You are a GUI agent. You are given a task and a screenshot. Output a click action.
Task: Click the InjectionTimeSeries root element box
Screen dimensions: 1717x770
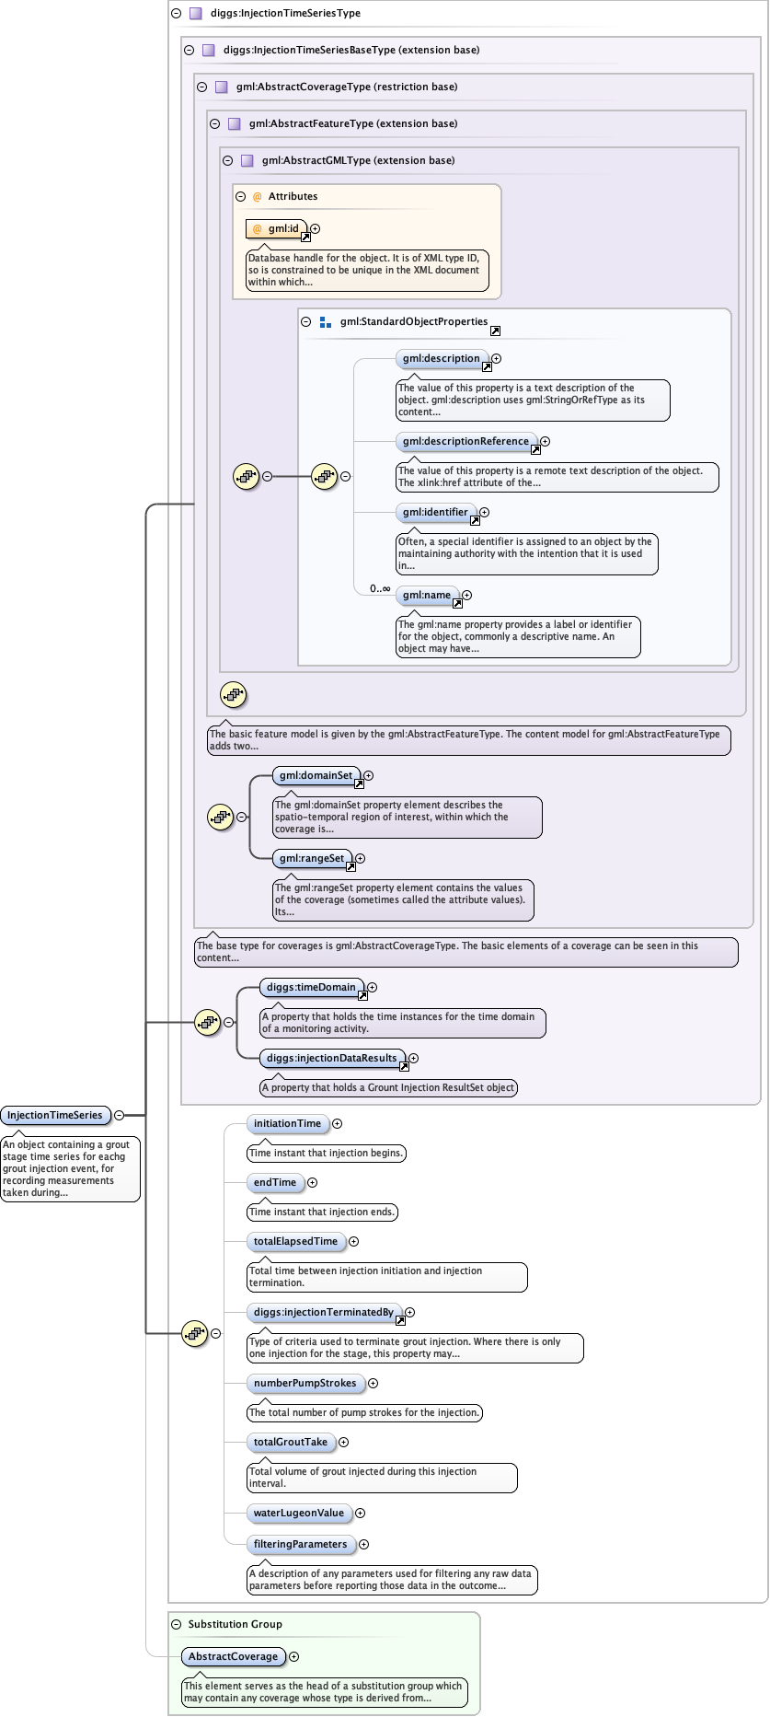click(x=55, y=1115)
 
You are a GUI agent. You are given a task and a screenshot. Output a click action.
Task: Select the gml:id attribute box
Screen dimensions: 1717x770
click(x=276, y=228)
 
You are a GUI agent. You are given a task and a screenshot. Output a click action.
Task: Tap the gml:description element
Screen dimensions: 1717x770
click(x=442, y=358)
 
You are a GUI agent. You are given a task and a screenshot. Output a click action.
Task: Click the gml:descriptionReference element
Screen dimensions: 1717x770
click(x=465, y=441)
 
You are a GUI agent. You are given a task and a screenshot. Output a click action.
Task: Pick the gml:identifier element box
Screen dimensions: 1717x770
click(x=435, y=512)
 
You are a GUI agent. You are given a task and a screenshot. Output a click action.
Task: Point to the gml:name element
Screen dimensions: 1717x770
click(x=427, y=595)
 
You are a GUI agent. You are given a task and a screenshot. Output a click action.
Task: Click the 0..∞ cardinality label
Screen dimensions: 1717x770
click(x=380, y=588)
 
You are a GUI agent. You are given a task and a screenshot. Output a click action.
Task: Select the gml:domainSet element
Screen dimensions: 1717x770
click(x=316, y=775)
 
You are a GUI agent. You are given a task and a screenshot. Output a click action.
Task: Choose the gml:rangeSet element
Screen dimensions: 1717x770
click(x=312, y=858)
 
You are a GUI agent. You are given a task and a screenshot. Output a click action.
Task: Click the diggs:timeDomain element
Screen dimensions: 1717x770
click(x=311, y=987)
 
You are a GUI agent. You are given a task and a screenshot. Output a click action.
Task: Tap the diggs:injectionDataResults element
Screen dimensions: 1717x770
click(x=332, y=1058)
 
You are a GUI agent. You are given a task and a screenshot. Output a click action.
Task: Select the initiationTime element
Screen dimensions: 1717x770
click(x=287, y=1123)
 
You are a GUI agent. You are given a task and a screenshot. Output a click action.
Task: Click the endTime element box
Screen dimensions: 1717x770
click(x=275, y=1182)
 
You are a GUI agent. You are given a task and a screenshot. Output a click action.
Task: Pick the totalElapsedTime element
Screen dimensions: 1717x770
click(x=295, y=1241)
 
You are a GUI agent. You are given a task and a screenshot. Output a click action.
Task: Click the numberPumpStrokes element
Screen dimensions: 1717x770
click(x=305, y=1383)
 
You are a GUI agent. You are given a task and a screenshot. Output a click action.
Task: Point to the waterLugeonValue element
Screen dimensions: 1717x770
click(x=299, y=1513)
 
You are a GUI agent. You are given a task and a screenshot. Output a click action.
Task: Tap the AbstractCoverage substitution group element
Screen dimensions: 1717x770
click(x=233, y=1656)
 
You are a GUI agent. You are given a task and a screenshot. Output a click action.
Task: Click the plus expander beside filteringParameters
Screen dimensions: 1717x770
click(x=364, y=1544)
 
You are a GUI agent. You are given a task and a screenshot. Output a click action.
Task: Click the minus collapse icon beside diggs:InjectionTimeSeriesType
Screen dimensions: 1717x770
click(x=176, y=14)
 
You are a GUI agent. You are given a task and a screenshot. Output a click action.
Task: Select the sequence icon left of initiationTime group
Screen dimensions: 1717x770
click(x=194, y=1333)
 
